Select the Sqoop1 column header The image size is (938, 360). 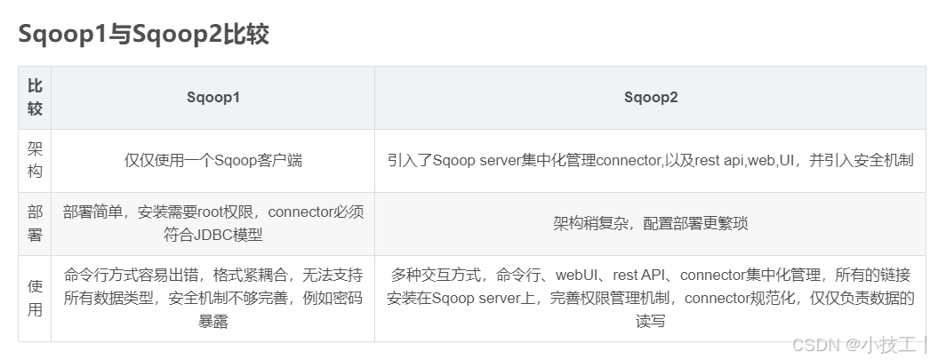coord(213,98)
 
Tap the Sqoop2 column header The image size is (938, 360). coord(651,98)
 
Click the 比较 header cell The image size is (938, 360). coord(35,98)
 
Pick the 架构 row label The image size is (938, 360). coord(35,160)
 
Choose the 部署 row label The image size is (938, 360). coord(35,223)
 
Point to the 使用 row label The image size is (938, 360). coord(35,298)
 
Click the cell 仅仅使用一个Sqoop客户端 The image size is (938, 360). coord(213,161)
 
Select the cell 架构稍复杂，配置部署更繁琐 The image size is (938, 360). coord(651,223)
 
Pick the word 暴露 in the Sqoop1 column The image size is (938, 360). coord(213,321)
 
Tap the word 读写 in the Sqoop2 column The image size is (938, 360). coord(651,321)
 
